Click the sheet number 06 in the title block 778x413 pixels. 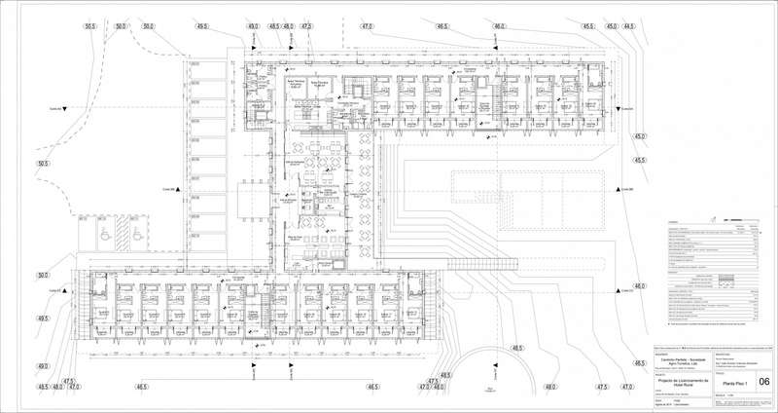click(764, 382)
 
